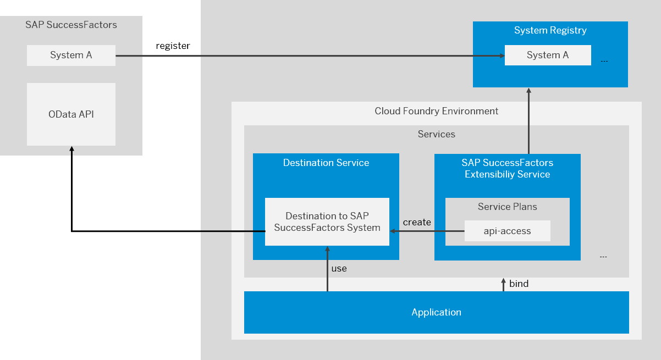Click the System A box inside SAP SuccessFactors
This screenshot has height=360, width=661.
(x=71, y=56)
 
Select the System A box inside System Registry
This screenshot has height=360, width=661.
(x=548, y=55)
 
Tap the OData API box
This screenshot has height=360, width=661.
(x=71, y=114)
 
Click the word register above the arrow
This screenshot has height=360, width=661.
(x=173, y=46)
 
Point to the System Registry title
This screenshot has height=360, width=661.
(x=550, y=30)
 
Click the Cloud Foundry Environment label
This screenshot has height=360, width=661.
(x=437, y=111)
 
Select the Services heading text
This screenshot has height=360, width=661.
(x=437, y=134)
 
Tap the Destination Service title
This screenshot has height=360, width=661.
(x=326, y=163)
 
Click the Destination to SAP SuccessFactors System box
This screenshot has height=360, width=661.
(x=327, y=221)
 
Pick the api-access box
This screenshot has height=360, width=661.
(x=507, y=231)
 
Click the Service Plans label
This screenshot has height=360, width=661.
(x=507, y=207)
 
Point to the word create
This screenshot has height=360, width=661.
(x=417, y=222)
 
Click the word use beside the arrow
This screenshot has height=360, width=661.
(x=339, y=269)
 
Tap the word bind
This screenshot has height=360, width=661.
(x=519, y=284)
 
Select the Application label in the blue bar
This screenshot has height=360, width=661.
(x=437, y=312)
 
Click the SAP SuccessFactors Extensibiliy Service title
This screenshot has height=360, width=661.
(x=507, y=168)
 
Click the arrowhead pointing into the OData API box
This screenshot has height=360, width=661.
(x=71, y=149)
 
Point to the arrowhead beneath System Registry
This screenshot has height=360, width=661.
(x=529, y=91)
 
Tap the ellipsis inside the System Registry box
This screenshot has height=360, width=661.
(x=604, y=61)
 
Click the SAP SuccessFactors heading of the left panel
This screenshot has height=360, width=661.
(x=71, y=25)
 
